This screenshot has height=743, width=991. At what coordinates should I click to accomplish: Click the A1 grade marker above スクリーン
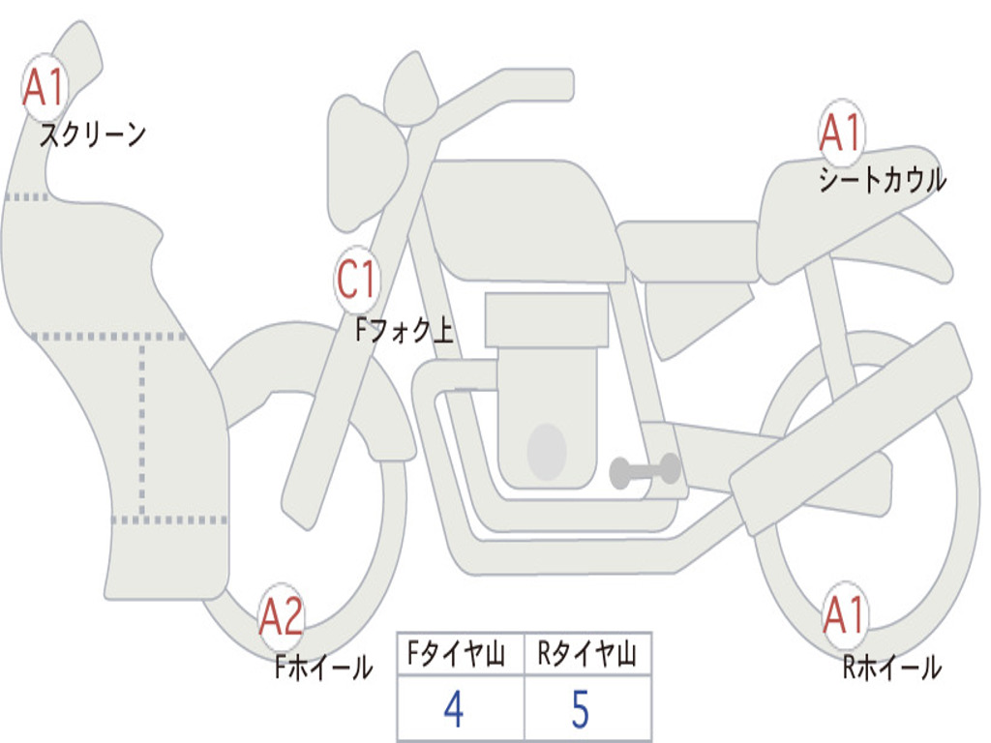(43, 88)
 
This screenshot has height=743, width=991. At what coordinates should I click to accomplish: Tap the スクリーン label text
(93, 134)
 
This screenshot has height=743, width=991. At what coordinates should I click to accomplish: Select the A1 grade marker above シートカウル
(841, 134)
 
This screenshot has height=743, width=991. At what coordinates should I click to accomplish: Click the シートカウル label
(882, 180)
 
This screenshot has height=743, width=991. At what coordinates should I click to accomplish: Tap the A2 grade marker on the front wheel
(282, 617)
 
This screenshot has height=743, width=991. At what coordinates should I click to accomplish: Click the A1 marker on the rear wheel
(845, 614)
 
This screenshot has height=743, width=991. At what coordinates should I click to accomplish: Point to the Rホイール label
(891, 667)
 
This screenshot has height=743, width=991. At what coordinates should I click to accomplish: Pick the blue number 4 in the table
(454, 709)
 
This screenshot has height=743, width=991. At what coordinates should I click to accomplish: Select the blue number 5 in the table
(580, 709)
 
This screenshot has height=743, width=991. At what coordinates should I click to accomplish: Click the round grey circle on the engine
(546, 451)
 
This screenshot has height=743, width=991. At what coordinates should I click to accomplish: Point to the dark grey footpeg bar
(645, 471)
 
